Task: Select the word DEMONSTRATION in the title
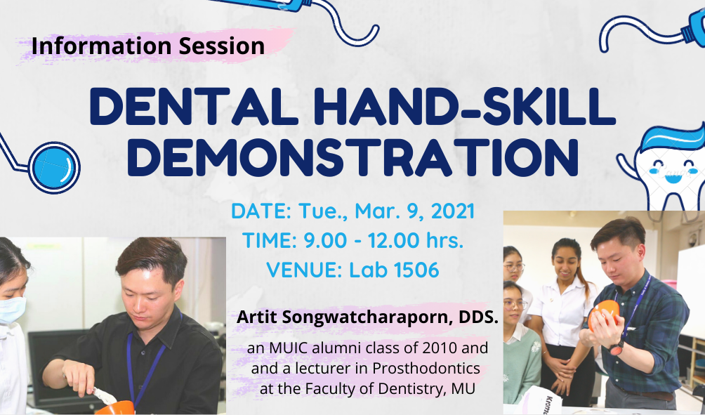pos(352,157)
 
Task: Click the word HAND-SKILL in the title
pos(461,107)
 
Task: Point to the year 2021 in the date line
pos(453,211)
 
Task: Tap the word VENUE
pos(301,270)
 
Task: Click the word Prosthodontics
pos(426,368)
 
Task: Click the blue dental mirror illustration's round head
pos(54,167)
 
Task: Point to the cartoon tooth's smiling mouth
pos(673,179)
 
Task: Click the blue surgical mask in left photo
pos(12,310)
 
